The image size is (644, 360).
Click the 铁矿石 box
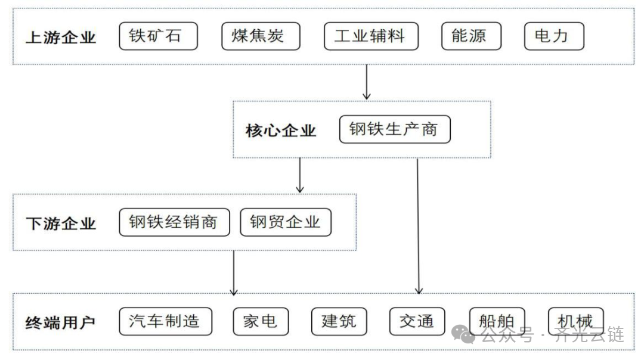(x=158, y=36)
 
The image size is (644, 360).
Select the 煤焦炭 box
(x=261, y=36)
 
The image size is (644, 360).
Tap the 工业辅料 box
(x=371, y=36)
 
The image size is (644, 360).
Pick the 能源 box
(x=471, y=36)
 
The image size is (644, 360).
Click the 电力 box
(x=554, y=36)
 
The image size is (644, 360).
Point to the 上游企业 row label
(x=61, y=38)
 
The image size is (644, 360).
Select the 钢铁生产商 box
(x=395, y=129)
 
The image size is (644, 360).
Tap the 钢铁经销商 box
(x=174, y=222)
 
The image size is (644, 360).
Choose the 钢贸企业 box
(x=286, y=222)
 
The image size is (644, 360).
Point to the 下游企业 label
(x=61, y=224)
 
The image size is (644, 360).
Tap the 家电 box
(x=261, y=321)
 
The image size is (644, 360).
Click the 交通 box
(x=417, y=322)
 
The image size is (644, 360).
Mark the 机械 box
(x=575, y=322)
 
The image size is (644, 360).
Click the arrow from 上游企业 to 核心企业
(x=367, y=82)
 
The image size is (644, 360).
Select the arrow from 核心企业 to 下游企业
(x=300, y=175)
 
